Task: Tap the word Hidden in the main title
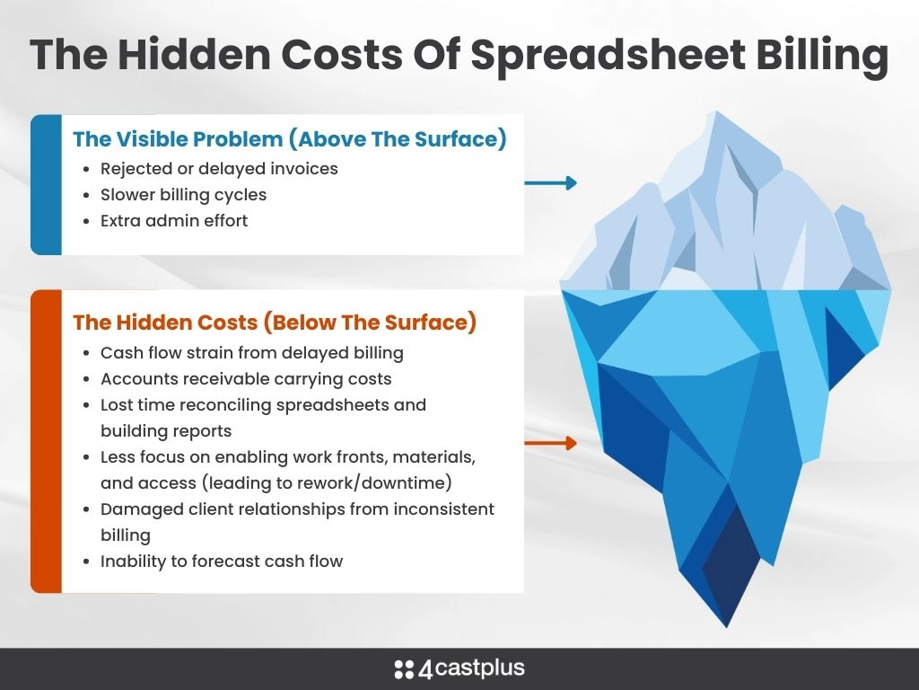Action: coord(194,54)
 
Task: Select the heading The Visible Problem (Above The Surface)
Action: coord(290,139)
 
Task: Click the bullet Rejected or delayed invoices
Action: coord(219,169)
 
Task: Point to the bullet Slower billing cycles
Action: coord(183,195)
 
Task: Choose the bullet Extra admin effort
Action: coord(173,221)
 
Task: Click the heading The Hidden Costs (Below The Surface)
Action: coord(275,323)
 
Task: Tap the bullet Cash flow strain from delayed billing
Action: coord(251,353)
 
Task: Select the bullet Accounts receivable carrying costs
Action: coord(246,379)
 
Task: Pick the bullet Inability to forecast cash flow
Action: coord(221,562)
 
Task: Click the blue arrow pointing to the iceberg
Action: coord(550,182)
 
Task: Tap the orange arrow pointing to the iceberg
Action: coord(550,443)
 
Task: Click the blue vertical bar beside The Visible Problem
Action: coord(47,185)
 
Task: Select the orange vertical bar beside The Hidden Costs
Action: coord(47,441)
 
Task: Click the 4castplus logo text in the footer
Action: coord(472,668)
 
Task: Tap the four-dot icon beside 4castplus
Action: coord(404,669)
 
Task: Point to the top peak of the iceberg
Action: coord(716,111)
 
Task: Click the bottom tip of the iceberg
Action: coord(727,627)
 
